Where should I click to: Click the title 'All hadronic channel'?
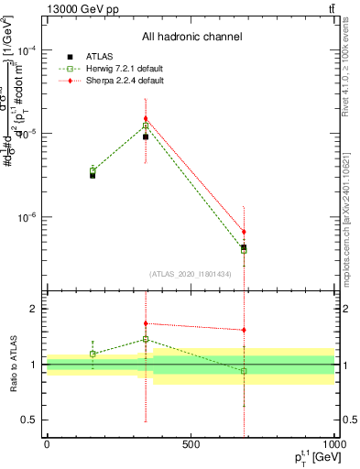point(191,37)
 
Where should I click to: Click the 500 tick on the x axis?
point(191,445)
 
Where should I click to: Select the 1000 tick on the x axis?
point(333,445)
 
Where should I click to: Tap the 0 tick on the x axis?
point(47,445)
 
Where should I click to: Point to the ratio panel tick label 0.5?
point(30,420)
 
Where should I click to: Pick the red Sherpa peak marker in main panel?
point(146,118)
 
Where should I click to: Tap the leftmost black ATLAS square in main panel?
point(93,174)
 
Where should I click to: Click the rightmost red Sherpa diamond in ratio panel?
point(244,330)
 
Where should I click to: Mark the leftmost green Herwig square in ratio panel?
point(93,354)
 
